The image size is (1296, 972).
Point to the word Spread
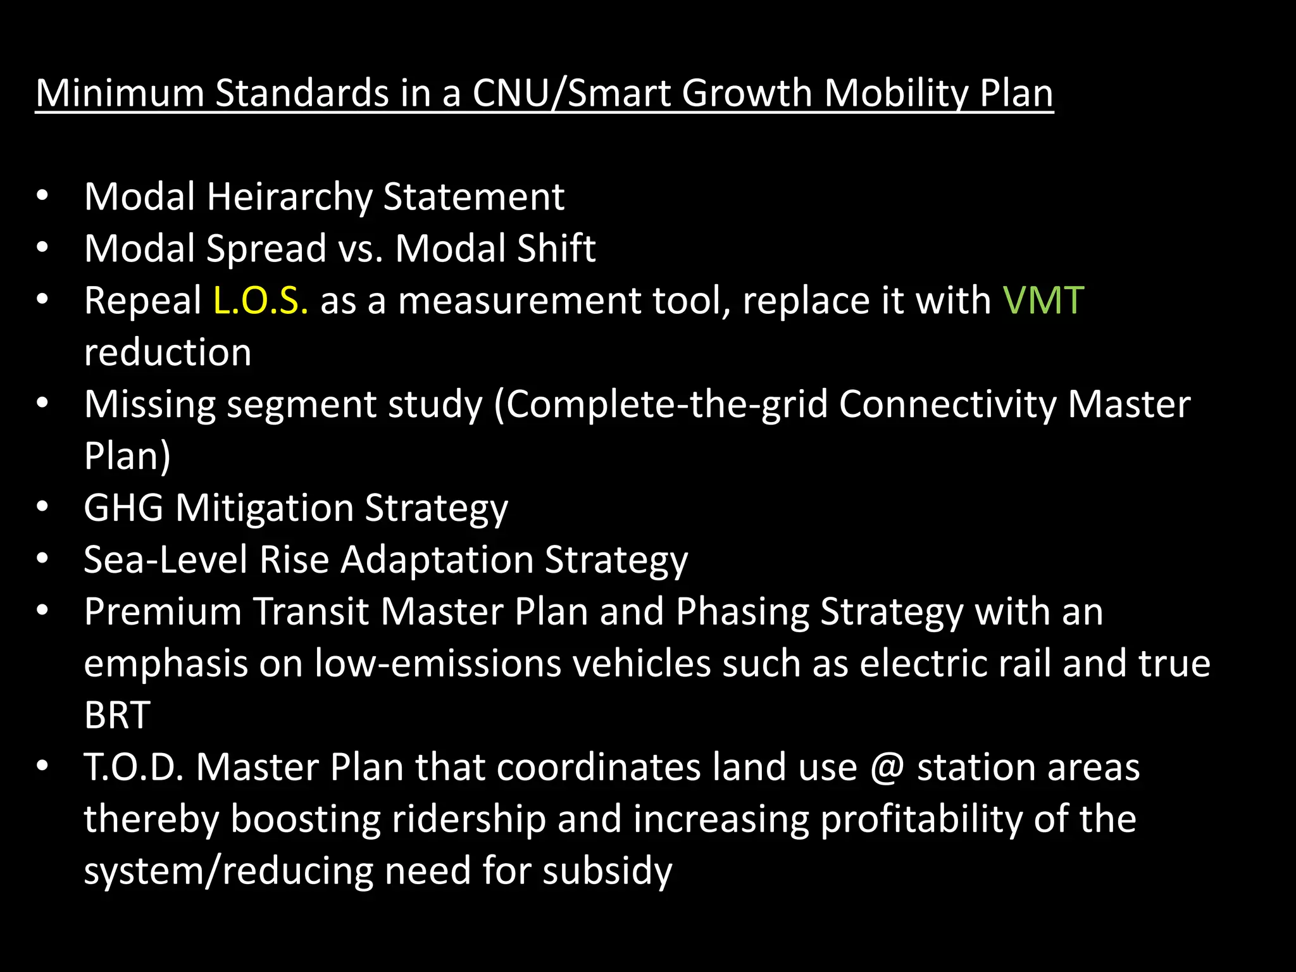[x=266, y=249]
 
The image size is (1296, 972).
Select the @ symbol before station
[x=887, y=768]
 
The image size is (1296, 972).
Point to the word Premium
[x=163, y=612]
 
